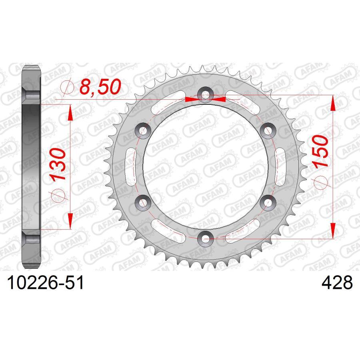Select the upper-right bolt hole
pyautogui.click(x=267, y=130)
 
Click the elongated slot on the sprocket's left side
pyautogui.click(x=130, y=166)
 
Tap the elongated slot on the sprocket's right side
pyautogui.click(x=282, y=166)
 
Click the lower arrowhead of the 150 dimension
pyautogui.click(x=332, y=231)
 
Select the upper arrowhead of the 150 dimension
pyautogui.click(x=332, y=103)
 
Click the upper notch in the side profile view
pyautogui.click(x=31, y=96)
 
